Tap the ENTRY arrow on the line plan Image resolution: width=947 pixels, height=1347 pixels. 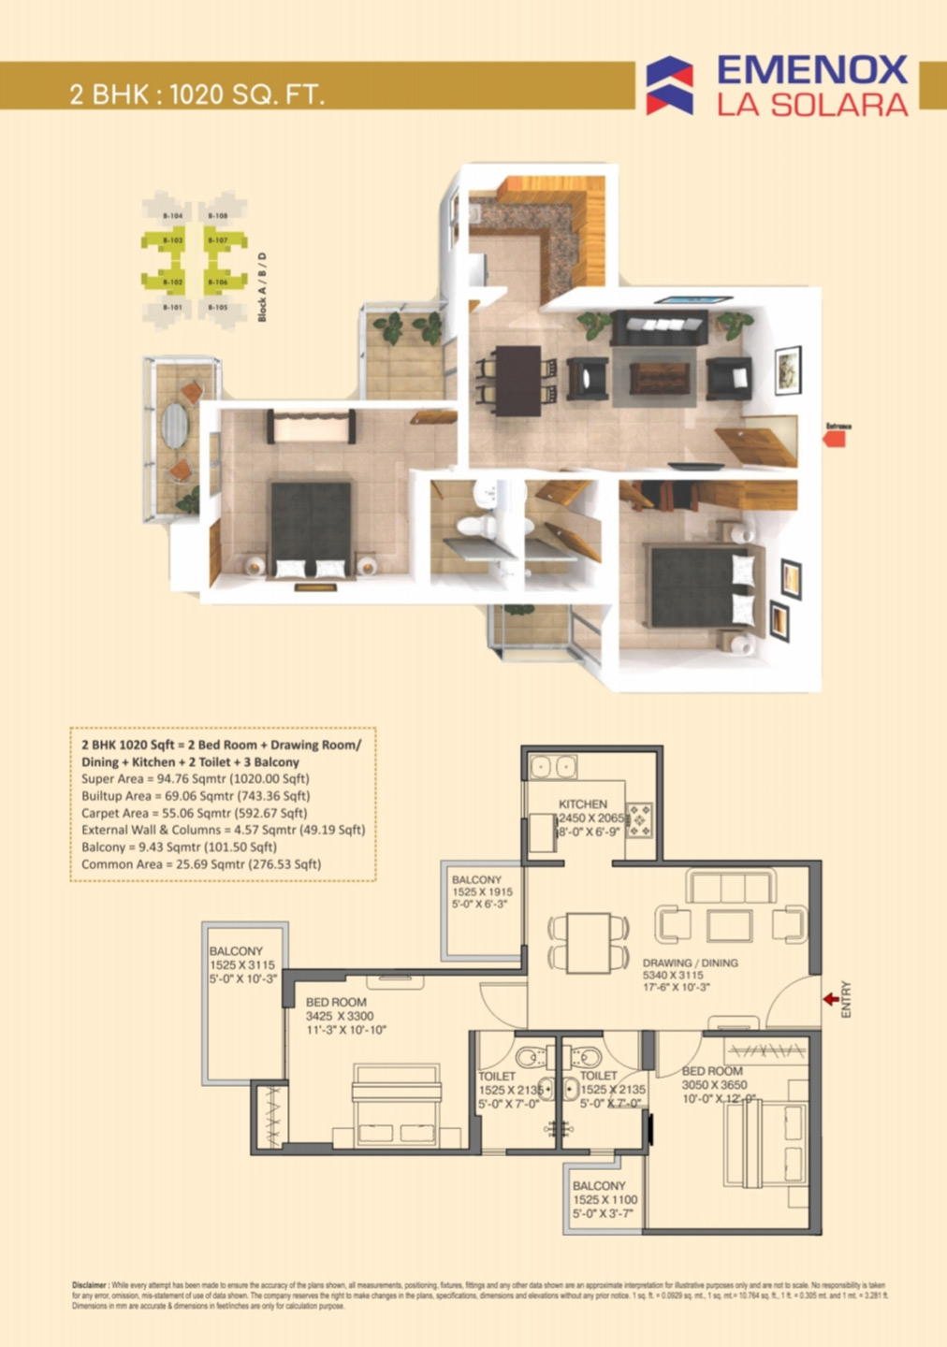coord(830,999)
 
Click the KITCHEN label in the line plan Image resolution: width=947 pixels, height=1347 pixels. coord(582,804)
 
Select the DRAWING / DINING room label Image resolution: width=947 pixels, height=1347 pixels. coord(690,963)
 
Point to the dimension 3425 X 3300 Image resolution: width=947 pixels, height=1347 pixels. coord(339,1016)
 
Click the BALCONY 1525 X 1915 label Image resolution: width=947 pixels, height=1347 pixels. coord(476,879)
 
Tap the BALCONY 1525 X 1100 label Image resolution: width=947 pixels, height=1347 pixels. coord(599,1185)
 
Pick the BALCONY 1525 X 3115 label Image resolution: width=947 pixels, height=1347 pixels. coord(236,950)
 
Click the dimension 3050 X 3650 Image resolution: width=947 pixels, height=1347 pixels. coord(714,1085)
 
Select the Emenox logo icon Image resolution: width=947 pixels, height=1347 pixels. coord(670,85)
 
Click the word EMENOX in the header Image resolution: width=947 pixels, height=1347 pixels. coord(811,70)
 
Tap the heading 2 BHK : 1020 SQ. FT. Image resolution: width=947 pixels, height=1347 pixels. coord(197,94)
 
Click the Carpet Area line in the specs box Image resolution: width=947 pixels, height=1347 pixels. coord(194,813)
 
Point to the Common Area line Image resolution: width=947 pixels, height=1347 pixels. coord(200,864)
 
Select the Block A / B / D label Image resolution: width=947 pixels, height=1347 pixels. coord(262,287)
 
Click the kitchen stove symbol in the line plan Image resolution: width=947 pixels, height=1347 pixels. coord(639,819)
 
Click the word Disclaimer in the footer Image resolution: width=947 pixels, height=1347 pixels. coord(90,1285)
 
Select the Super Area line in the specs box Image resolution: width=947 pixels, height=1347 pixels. coord(195,778)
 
